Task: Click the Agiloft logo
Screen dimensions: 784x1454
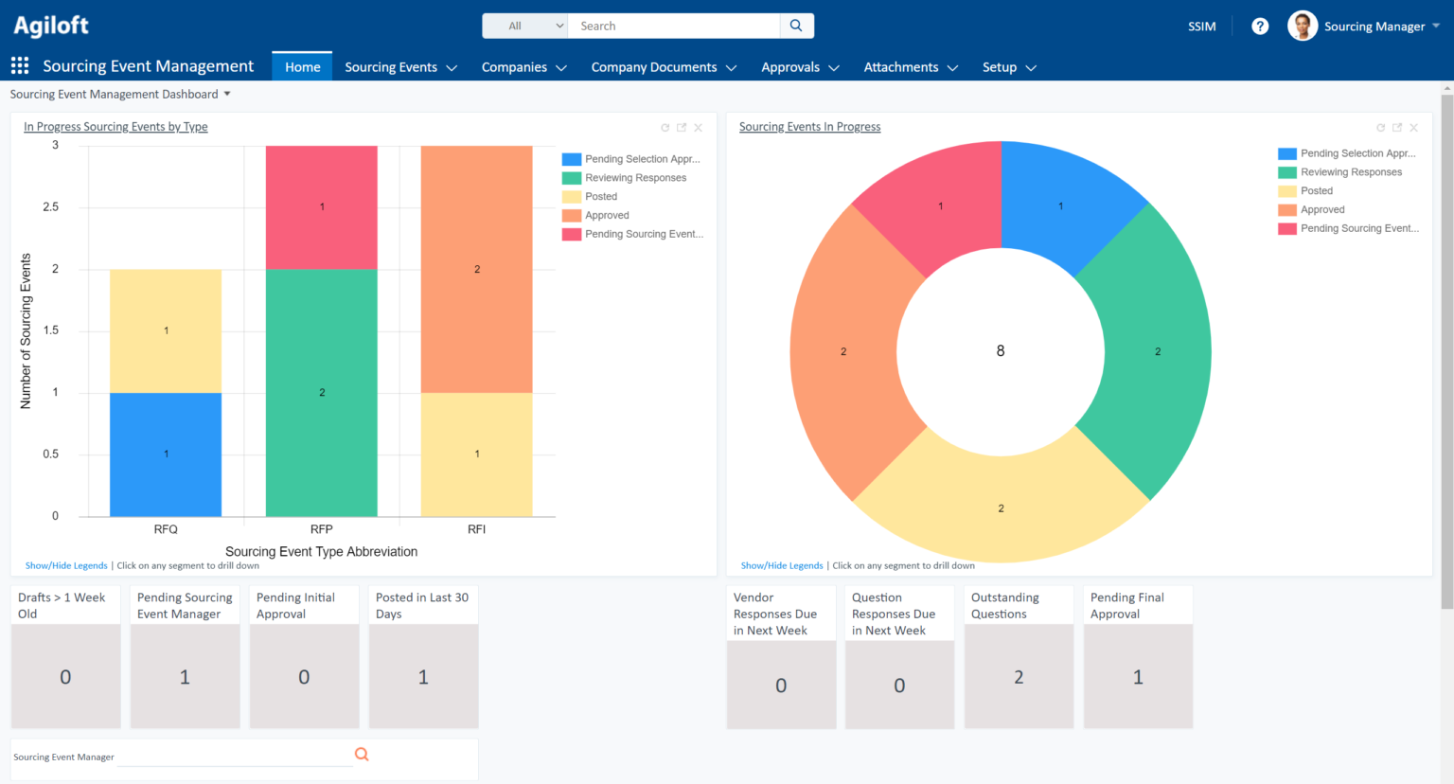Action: click(x=51, y=26)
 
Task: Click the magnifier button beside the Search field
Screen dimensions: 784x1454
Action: click(x=796, y=26)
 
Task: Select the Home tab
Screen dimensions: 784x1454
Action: click(x=302, y=67)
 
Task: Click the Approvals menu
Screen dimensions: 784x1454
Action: click(x=800, y=67)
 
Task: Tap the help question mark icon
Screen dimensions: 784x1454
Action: click(x=1259, y=27)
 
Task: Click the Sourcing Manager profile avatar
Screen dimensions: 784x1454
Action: click(x=1303, y=27)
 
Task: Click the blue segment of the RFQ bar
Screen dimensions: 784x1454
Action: click(x=166, y=454)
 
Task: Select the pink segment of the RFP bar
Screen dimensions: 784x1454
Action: click(x=321, y=207)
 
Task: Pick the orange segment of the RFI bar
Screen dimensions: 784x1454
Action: click(x=476, y=270)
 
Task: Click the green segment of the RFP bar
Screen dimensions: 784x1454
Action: click(x=321, y=392)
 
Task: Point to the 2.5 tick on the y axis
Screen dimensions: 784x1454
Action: click(x=51, y=207)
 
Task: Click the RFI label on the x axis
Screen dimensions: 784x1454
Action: click(x=476, y=529)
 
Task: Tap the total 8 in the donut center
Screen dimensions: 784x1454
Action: click(x=1001, y=351)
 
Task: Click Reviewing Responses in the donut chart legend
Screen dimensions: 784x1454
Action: click(x=1351, y=172)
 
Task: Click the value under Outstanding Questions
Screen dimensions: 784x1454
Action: click(x=1019, y=677)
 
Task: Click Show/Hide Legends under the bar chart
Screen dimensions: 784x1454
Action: click(x=66, y=566)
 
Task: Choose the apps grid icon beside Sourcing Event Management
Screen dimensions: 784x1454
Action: click(x=20, y=65)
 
